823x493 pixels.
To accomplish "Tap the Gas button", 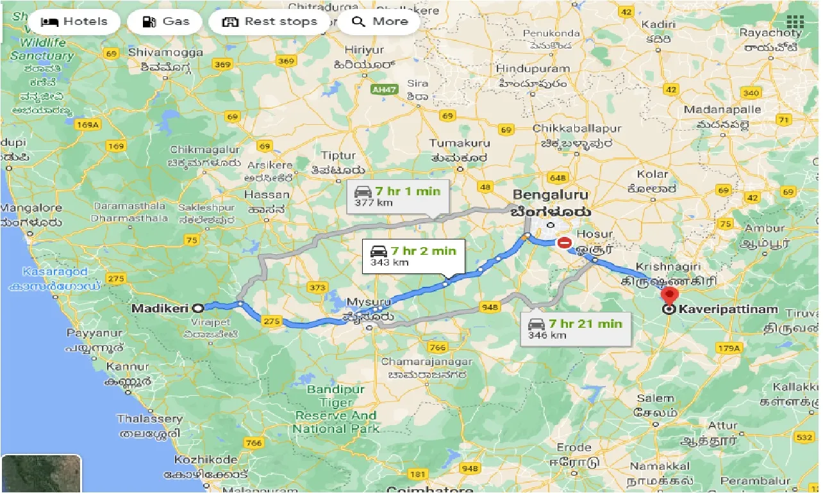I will pyautogui.click(x=165, y=22).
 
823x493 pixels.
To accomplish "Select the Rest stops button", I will pyautogui.click(x=269, y=22).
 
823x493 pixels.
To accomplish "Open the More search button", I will pyautogui.click(x=380, y=22).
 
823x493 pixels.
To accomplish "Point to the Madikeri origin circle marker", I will pyautogui.click(x=199, y=307).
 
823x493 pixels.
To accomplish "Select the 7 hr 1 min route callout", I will pyautogui.click(x=397, y=196).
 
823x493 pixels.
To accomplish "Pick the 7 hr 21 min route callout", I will pyautogui.click(x=574, y=329).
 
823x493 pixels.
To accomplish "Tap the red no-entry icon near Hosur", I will pyautogui.click(x=565, y=243).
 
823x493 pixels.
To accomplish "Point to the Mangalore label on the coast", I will pyautogui.click(x=31, y=208).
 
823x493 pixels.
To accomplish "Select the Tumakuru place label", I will pyautogui.click(x=459, y=143).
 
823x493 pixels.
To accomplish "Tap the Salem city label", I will pyautogui.click(x=654, y=398).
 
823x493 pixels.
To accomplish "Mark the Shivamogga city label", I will pyautogui.click(x=160, y=52).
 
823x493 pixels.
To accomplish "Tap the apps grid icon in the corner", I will pyautogui.click(x=795, y=22).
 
